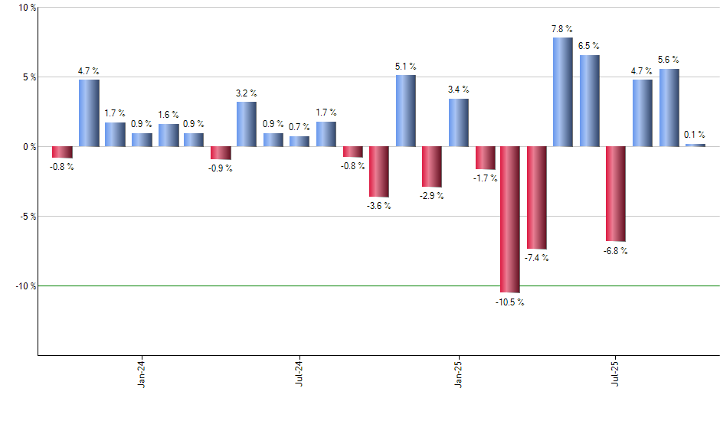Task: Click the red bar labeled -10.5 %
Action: [510, 219]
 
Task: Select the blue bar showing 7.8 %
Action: [562, 92]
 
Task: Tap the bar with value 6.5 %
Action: [589, 100]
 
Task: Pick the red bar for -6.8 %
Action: [615, 194]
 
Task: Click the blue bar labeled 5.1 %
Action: [405, 110]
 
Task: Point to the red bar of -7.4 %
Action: [536, 197]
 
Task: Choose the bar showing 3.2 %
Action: [247, 124]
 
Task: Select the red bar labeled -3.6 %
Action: [379, 171]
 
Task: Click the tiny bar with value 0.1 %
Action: [695, 145]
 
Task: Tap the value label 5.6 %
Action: [669, 60]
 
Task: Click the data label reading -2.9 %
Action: [432, 196]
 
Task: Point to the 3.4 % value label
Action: [459, 90]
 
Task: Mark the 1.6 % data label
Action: [169, 115]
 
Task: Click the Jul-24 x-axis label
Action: [299, 373]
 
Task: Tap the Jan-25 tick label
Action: [458, 373]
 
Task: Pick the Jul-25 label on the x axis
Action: [616, 373]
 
